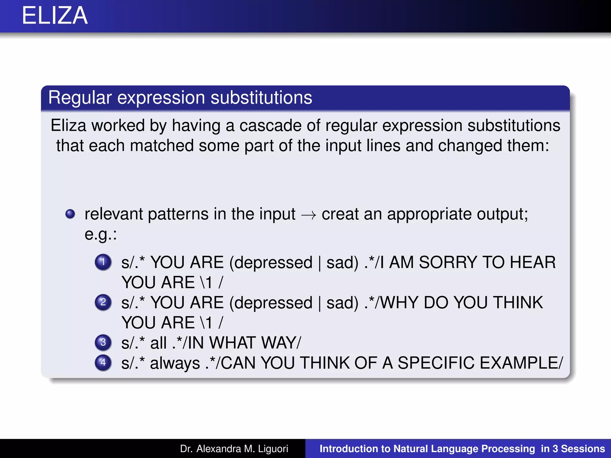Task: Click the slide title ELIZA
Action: tap(55, 16)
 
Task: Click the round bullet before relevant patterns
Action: tap(70, 214)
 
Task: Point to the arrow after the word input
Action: tap(308, 215)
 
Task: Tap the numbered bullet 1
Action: tap(103, 262)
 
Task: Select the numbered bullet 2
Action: tap(103, 302)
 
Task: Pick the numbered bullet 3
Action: tap(103, 342)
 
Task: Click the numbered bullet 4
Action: tap(103, 362)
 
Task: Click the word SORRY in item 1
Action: tap(448, 262)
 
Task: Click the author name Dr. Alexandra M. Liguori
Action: tap(234, 449)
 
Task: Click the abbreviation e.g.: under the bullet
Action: tap(101, 234)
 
